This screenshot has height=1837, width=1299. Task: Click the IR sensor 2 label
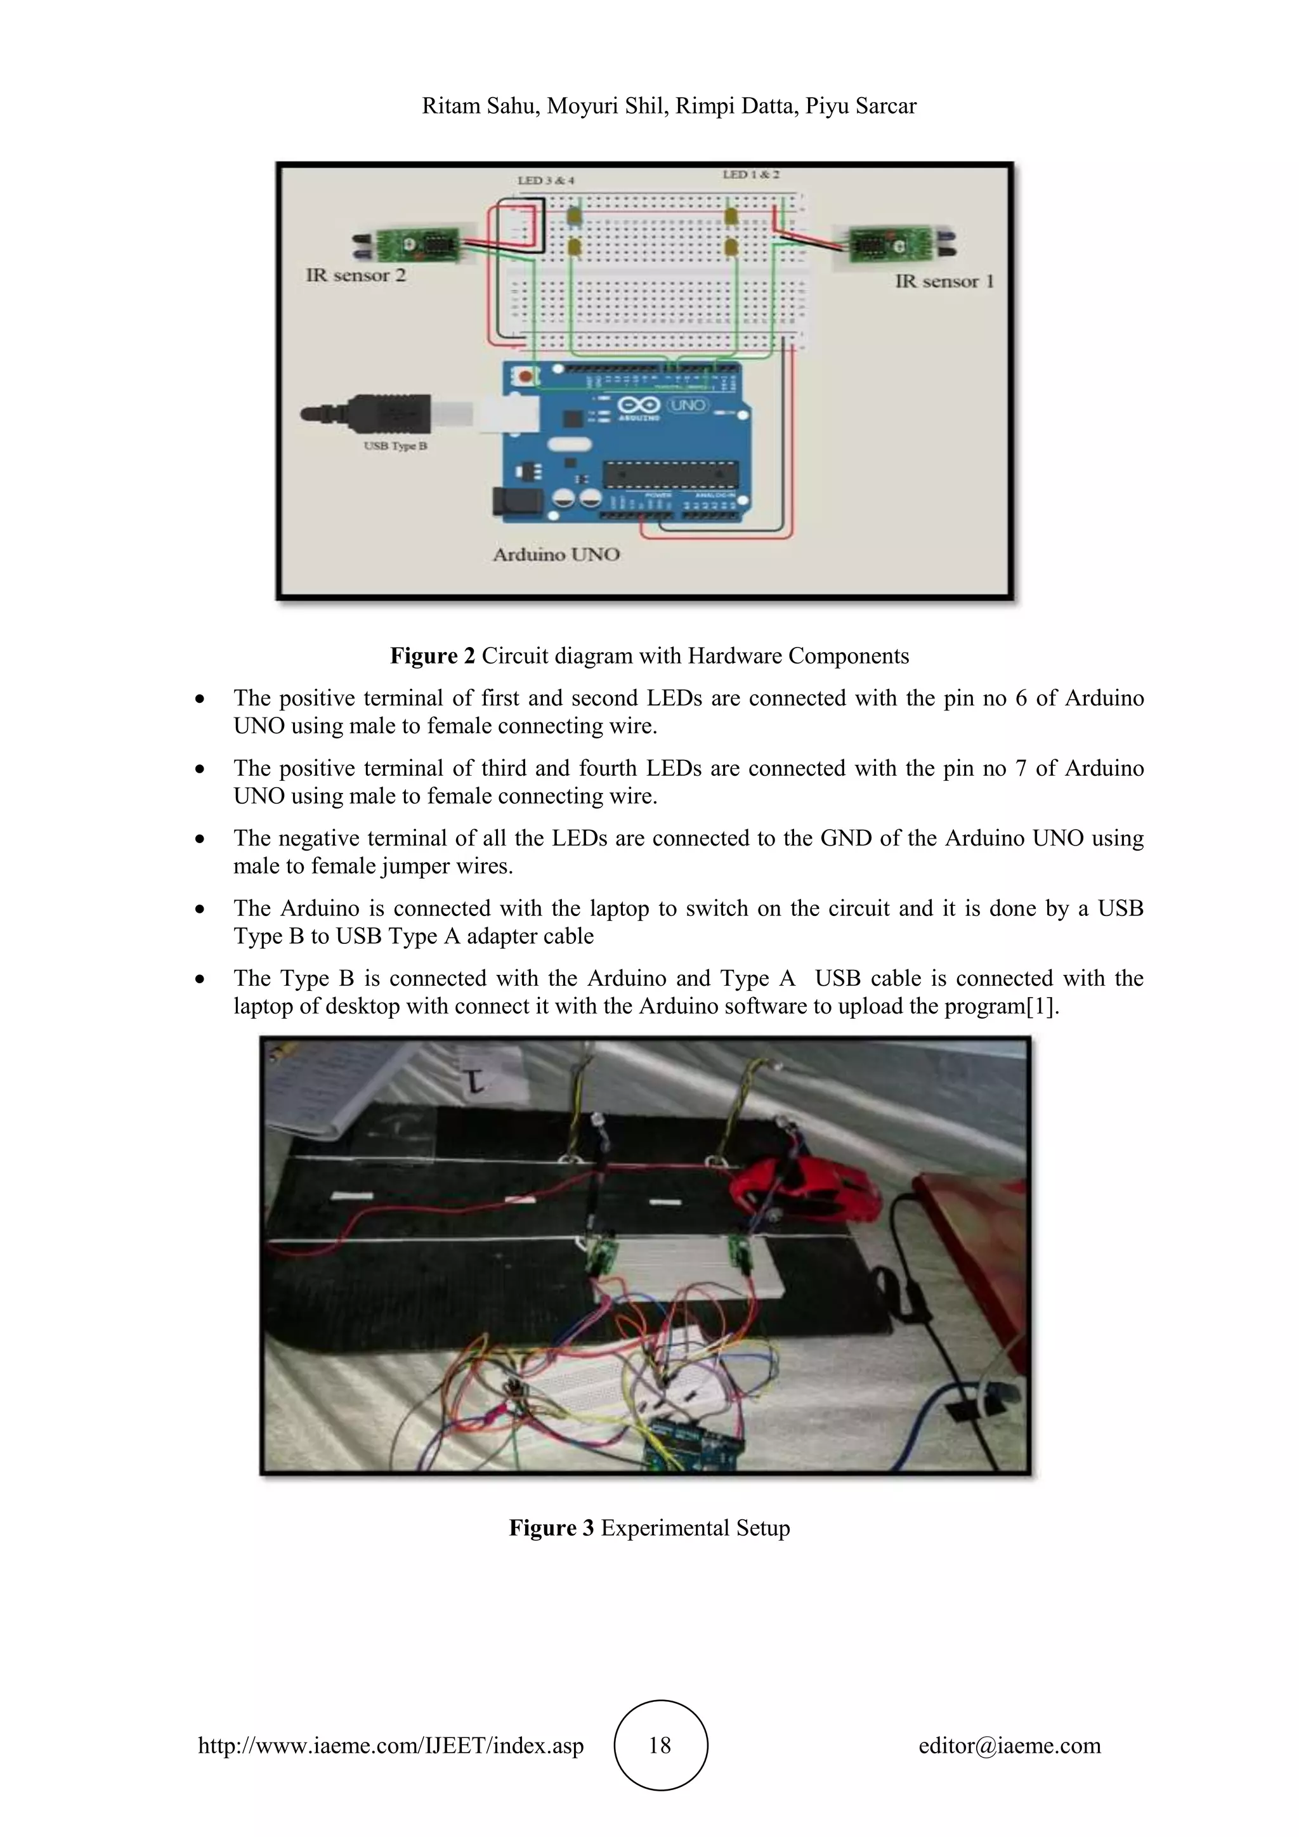tap(355, 275)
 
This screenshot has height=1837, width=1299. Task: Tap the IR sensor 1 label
tap(944, 281)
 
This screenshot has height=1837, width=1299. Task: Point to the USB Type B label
tap(395, 446)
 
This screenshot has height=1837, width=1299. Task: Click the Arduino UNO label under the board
tap(556, 554)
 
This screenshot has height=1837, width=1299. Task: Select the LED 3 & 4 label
tap(545, 181)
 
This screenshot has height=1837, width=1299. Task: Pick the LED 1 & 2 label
tap(750, 174)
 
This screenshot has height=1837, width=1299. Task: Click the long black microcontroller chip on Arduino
tap(670, 474)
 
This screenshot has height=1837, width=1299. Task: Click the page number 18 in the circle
tap(660, 1745)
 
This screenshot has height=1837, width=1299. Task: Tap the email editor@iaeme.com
tap(1009, 1745)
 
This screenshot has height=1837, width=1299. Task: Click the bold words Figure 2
tap(432, 656)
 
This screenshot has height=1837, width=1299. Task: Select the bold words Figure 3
tap(551, 1527)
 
